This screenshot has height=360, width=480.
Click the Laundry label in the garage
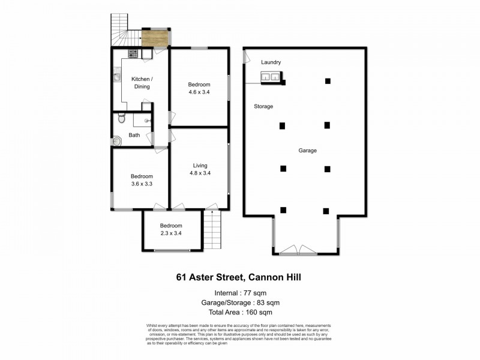tap(271, 62)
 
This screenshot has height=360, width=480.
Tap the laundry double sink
tap(271, 77)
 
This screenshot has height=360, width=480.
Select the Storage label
tap(263, 106)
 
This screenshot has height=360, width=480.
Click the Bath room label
tap(134, 135)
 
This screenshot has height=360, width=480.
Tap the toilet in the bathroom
tap(122, 118)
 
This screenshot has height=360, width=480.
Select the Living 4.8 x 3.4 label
tap(200, 169)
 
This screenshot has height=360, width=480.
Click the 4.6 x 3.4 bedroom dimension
tap(199, 93)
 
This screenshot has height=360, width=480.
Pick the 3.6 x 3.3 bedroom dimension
tap(142, 184)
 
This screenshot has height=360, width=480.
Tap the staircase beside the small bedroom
tap(212, 230)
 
